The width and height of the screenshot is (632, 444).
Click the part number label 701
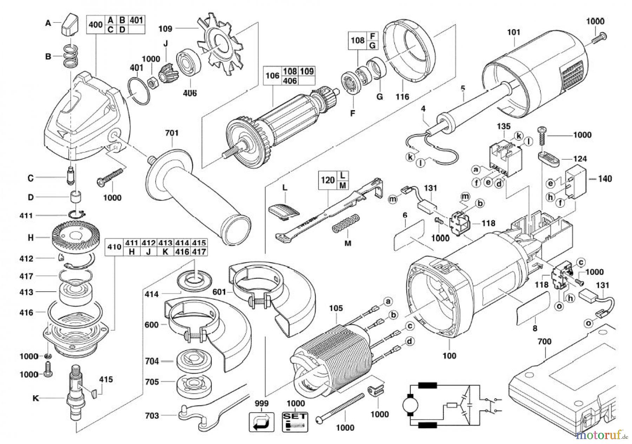(x=172, y=133)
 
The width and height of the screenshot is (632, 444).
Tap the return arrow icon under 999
(x=262, y=422)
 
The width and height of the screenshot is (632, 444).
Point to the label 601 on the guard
(x=220, y=292)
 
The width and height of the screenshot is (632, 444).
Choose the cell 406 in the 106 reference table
(x=290, y=81)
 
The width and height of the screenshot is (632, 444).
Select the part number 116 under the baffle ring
(x=402, y=96)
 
